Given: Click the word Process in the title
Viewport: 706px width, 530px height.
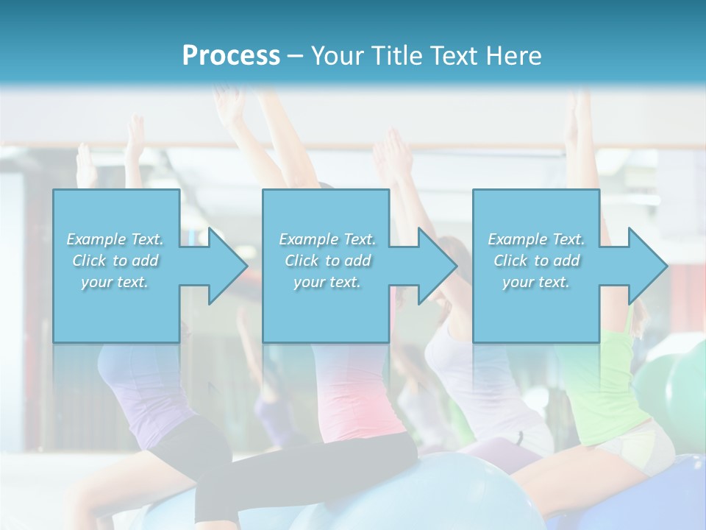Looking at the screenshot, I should point(231,55).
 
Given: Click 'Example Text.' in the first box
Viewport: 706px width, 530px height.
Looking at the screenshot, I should point(115,239).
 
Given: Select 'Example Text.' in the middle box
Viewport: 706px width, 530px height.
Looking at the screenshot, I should point(327,239).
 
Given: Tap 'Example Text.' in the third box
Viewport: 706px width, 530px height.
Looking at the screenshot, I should point(536,239).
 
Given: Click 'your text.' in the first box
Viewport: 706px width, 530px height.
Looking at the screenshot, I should point(115,282).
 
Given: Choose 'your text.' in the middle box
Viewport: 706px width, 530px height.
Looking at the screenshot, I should point(327,282).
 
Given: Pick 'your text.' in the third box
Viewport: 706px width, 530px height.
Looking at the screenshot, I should point(536,282).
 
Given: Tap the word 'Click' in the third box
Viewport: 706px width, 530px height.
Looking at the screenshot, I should point(510,261).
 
